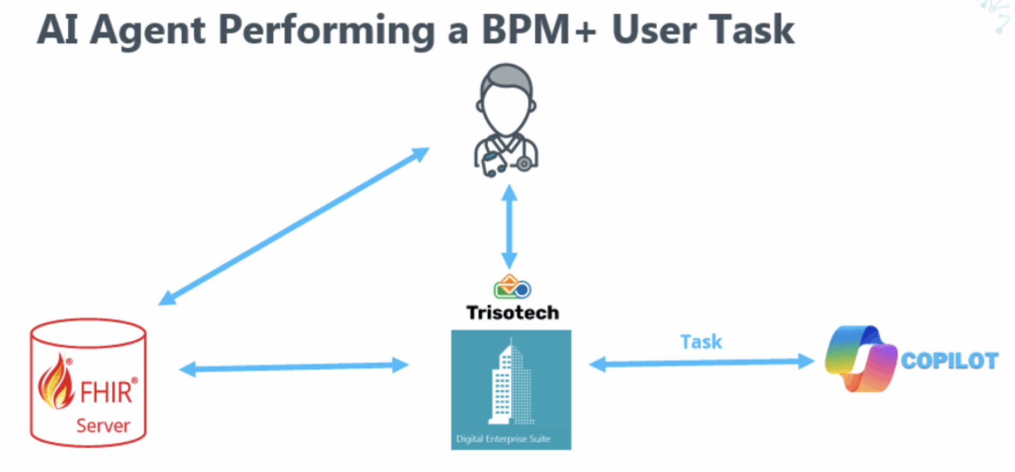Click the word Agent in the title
(147, 30)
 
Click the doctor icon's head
(506, 99)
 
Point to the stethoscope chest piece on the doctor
(524, 163)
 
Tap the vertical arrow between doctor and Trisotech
(509, 226)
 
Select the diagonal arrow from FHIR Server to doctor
(294, 226)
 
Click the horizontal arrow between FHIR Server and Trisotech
(294, 367)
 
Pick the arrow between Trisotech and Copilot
(702, 363)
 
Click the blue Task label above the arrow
(701, 342)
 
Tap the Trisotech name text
(512, 312)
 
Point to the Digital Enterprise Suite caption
(503, 439)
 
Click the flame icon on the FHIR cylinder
(56, 383)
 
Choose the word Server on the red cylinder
(103, 426)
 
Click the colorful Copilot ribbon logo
(860, 359)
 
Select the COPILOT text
(949, 361)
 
